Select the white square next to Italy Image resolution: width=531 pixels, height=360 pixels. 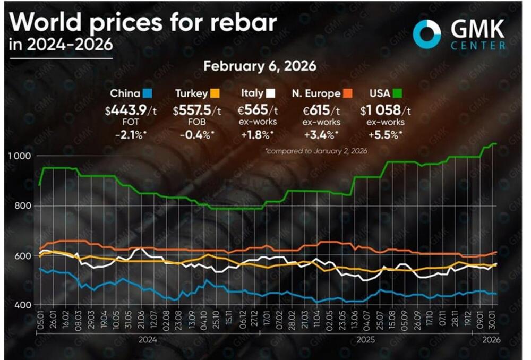(x=270, y=93)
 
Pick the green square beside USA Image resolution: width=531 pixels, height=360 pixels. (x=397, y=93)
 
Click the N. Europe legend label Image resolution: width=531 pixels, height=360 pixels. (x=316, y=93)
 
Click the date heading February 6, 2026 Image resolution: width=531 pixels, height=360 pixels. (x=260, y=66)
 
